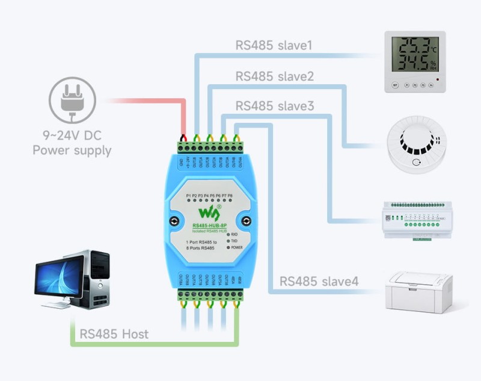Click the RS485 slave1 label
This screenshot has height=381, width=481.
click(x=274, y=46)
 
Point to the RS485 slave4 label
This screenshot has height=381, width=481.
click(x=319, y=282)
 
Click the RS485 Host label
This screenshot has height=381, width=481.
click(x=114, y=333)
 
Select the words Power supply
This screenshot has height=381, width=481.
click(x=72, y=150)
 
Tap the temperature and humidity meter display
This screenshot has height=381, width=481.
click(x=415, y=55)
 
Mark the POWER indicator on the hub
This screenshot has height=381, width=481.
click(x=234, y=247)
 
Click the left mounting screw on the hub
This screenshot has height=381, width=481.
click(x=174, y=221)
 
